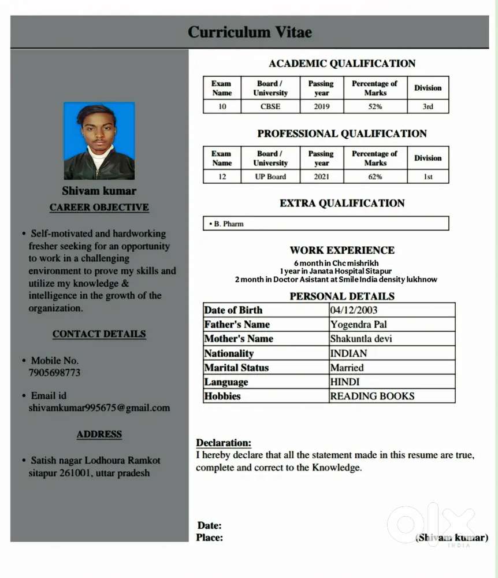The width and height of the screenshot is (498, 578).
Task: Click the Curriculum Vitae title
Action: [x=250, y=32]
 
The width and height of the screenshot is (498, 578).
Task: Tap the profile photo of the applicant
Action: [x=99, y=141]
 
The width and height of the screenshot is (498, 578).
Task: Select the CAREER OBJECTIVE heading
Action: [x=99, y=208]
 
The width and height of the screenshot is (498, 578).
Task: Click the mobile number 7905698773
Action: [x=54, y=373]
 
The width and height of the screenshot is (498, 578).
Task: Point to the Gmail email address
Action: [x=99, y=408]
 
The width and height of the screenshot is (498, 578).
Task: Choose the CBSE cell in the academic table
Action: [x=270, y=106]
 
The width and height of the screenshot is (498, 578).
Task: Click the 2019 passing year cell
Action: [x=321, y=106]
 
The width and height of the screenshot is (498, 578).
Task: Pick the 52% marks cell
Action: [x=375, y=106]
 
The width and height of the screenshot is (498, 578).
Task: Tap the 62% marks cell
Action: [x=375, y=177]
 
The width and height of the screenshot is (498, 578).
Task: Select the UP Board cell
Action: [x=270, y=177]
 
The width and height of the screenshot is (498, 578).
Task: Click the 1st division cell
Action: [x=428, y=177]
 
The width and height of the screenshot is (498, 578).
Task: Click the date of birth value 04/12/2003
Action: [x=354, y=310]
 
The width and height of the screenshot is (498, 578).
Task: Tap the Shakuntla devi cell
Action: [x=361, y=339]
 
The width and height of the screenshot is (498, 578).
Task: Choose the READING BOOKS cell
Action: [x=372, y=396]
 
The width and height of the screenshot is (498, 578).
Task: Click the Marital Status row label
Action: [x=236, y=368]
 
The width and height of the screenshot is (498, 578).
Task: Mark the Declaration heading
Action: [x=224, y=443]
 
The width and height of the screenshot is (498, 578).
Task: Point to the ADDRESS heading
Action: [x=99, y=435]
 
